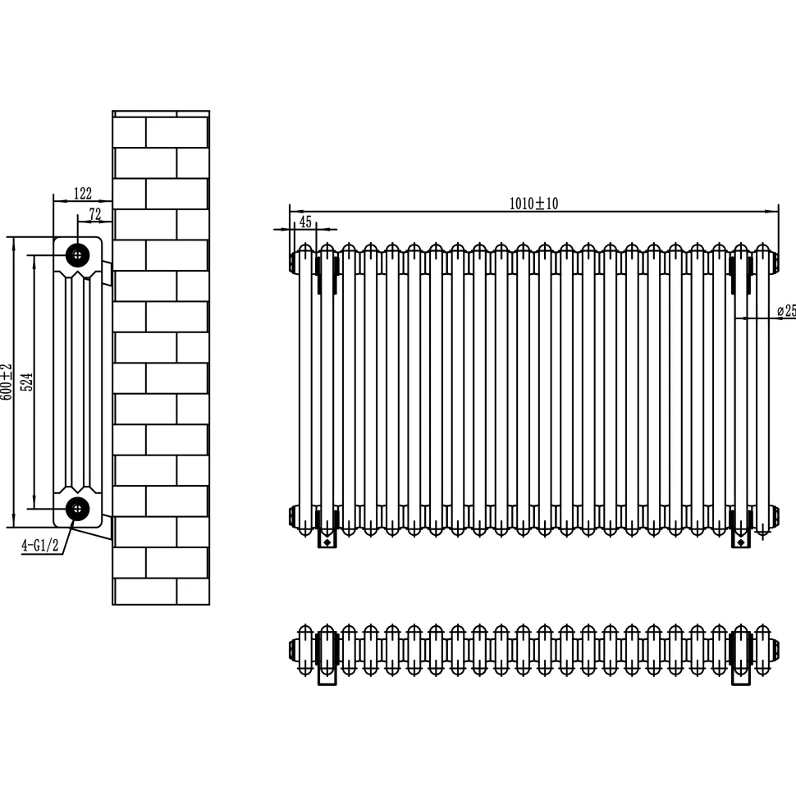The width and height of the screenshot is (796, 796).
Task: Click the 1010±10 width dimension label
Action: click(533, 204)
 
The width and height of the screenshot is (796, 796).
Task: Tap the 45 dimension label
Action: click(305, 222)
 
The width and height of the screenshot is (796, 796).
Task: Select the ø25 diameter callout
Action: click(786, 310)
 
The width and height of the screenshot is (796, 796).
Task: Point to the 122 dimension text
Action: click(83, 194)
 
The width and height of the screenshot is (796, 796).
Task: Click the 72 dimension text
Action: click(95, 214)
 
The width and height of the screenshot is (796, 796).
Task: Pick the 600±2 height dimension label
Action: click(6, 382)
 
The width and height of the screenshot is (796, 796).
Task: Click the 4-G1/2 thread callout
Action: click(40, 546)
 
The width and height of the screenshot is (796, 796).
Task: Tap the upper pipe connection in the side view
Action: click(78, 255)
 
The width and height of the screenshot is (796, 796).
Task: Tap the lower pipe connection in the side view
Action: click(78, 508)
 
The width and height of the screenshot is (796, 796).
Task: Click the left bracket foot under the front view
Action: click(327, 539)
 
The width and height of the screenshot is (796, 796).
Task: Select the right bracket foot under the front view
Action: click(741, 539)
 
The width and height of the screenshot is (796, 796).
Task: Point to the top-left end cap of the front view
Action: click(294, 262)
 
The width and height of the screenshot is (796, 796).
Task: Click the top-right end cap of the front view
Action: click(774, 262)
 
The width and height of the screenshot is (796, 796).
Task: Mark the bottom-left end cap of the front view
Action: click(294, 516)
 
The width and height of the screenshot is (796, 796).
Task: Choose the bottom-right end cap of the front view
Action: click(774, 516)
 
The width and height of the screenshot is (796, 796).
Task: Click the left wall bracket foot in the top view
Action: click(327, 675)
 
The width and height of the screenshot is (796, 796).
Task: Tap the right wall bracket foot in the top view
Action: click(741, 675)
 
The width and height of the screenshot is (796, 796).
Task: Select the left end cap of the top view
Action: click(293, 650)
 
